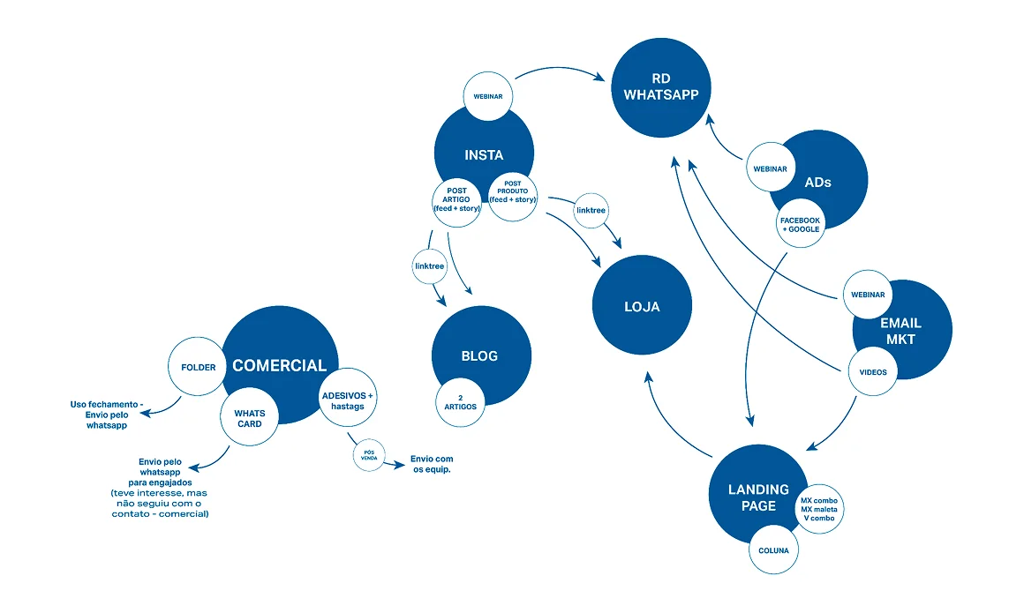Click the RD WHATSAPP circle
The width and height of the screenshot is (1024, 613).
pyautogui.click(x=661, y=87)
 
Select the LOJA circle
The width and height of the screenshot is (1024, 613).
pyautogui.click(x=642, y=305)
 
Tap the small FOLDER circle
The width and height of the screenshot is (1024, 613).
pyautogui.click(x=197, y=366)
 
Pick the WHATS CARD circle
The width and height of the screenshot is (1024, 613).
pyautogui.click(x=250, y=417)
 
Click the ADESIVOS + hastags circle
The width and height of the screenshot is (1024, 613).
pyautogui.click(x=348, y=397)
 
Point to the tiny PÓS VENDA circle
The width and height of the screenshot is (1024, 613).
pyautogui.click(x=369, y=454)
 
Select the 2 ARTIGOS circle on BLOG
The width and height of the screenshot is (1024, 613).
pyautogui.click(x=461, y=402)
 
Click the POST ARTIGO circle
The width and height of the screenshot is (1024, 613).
pyautogui.click(x=456, y=202)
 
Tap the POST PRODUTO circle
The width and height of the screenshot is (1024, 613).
pyautogui.click(x=513, y=197)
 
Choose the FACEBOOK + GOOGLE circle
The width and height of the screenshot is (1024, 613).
pyautogui.click(x=801, y=223)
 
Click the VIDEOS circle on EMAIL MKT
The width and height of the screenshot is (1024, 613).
pyautogui.click(x=872, y=371)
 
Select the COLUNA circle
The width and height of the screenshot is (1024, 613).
pyautogui.click(x=773, y=549)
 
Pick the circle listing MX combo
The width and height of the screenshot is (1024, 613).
pyautogui.click(x=819, y=509)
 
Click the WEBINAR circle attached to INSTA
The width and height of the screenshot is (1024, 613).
pyautogui.click(x=488, y=96)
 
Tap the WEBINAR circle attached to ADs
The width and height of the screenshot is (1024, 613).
pyautogui.click(x=771, y=167)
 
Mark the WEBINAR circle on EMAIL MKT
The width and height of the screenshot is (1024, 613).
pyautogui.click(x=867, y=295)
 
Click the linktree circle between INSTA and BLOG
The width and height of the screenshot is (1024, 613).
pyautogui.click(x=430, y=265)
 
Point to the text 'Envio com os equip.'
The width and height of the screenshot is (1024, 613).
pyautogui.click(x=432, y=464)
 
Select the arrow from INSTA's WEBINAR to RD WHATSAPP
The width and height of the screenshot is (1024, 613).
pyautogui.click(x=561, y=67)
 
